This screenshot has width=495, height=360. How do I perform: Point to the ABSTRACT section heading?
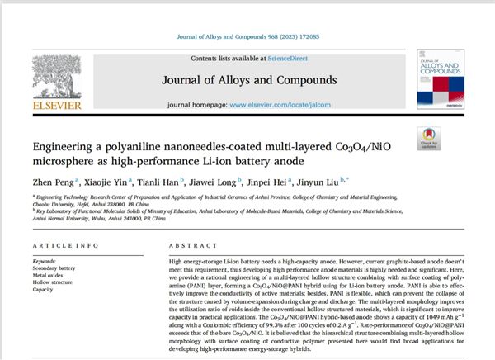click(x=191, y=247)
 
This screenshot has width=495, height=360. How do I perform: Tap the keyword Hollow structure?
click(x=54, y=283)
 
